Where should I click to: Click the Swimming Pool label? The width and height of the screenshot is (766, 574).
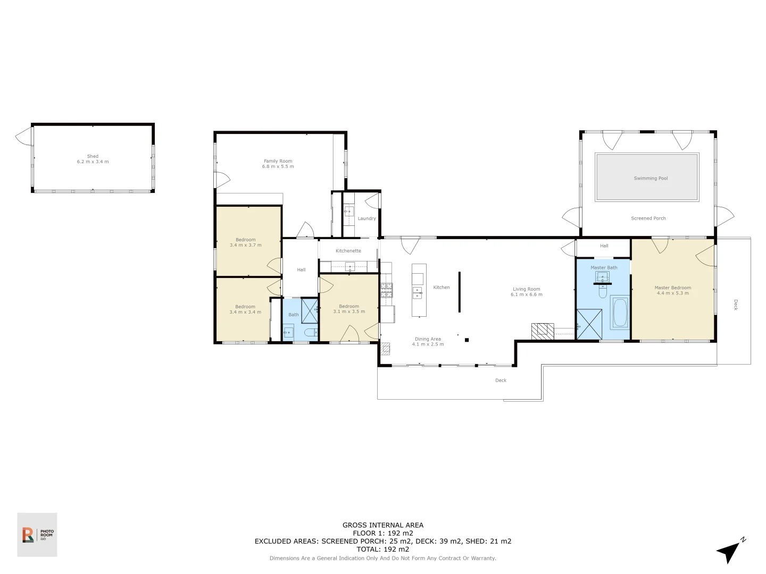click(x=651, y=179)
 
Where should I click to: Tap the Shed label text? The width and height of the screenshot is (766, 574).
click(x=93, y=156)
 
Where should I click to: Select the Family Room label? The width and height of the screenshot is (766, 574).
click(x=278, y=161)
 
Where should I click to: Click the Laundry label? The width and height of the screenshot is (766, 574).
click(x=367, y=218)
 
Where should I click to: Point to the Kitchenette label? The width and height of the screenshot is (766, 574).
click(x=348, y=251)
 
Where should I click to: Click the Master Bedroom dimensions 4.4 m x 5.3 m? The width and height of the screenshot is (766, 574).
click(x=672, y=293)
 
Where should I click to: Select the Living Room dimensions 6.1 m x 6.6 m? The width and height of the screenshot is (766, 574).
click(x=526, y=294)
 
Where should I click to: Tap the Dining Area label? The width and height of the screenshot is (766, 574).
click(x=428, y=339)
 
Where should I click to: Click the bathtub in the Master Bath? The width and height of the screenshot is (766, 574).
click(x=620, y=313)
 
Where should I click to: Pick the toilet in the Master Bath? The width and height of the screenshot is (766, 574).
click(x=603, y=292)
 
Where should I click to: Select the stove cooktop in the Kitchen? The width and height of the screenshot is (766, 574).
click(x=386, y=290)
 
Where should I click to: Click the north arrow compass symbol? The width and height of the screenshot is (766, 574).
click(x=730, y=551)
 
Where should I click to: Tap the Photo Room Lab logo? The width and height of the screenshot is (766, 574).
click(x=37, y=535)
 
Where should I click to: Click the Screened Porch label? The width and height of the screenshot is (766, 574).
click(x=648, y=218)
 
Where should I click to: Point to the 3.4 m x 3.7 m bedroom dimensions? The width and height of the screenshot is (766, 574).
click(x=245, y=245)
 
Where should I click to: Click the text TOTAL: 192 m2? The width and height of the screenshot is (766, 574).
click(x=382, y=550)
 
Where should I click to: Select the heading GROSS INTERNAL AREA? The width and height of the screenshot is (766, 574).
click(x=382, y=525)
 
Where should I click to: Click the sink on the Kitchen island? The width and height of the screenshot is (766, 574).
click(x=419, y=291)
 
